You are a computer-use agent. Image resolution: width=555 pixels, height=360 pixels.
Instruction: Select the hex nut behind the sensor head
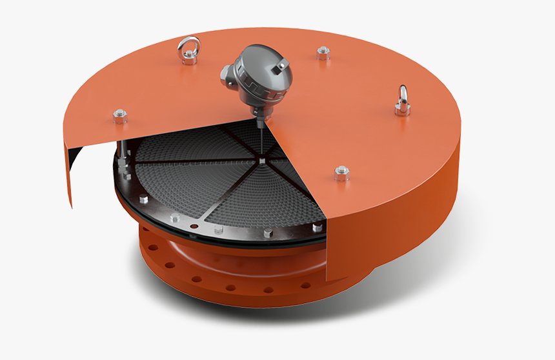point(322,54)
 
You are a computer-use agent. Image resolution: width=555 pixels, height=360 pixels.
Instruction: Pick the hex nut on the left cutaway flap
point(119,115)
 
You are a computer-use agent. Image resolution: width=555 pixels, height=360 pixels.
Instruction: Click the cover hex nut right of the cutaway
point(342,173)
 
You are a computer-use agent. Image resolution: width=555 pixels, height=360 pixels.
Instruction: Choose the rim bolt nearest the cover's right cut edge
point(316,227)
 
